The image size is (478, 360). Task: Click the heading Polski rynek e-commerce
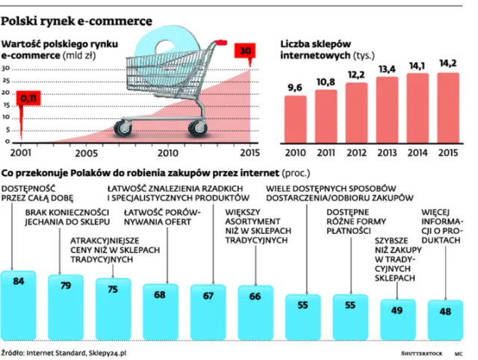(76, 22)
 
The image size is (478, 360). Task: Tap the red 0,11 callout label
(28, 98)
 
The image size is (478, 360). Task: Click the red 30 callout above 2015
(245, 51)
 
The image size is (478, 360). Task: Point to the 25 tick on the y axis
(6, 81)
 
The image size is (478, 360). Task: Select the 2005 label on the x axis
(87, 153)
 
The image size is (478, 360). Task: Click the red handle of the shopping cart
(221, 43)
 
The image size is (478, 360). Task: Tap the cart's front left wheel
(122, 128)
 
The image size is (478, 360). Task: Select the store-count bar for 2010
(296, 120)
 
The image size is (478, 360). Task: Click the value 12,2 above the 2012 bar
(356, 75)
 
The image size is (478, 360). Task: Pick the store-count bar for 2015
(448, 108)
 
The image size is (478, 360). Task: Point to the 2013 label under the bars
(387, 152)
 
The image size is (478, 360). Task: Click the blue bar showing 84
(19, 305)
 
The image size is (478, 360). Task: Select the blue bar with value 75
(113, 308)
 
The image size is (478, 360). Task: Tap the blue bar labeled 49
(398, 320)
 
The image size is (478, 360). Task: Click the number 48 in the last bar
(445, 311)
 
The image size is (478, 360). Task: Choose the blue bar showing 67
(208, 312)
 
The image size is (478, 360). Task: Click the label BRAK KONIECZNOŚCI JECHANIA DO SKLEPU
(67, 217)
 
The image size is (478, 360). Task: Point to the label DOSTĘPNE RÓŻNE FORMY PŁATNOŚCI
(356, 221)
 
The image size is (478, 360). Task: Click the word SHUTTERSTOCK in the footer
(421, 353)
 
